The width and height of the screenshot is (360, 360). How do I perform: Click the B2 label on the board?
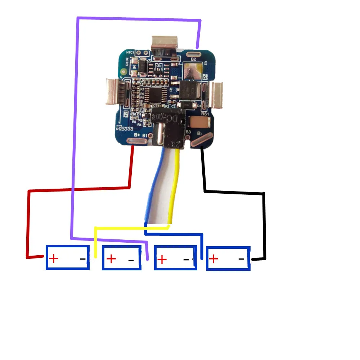pyautogui.click(x=193, y=59)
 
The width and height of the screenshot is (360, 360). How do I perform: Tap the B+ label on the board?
pyautogui.click(x=137, y=135)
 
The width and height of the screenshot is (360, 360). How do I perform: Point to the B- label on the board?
pyautogui.click(x=200, y=135)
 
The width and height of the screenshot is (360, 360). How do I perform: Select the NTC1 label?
pyautogui.click(x=130, y=53)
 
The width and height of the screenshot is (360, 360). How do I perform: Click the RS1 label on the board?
pyautogui.click(x=205, y=114)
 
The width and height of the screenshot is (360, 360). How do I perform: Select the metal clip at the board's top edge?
pyautogui.click(x=165, y=44)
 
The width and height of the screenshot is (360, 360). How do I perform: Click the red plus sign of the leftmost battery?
pyautogui.click(x=53, y=258)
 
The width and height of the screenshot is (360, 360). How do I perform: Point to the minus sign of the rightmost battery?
pyautogui.click(x=241, y=259)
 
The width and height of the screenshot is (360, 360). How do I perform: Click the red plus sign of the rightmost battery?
pyautogui.click(x=214, y=258)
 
